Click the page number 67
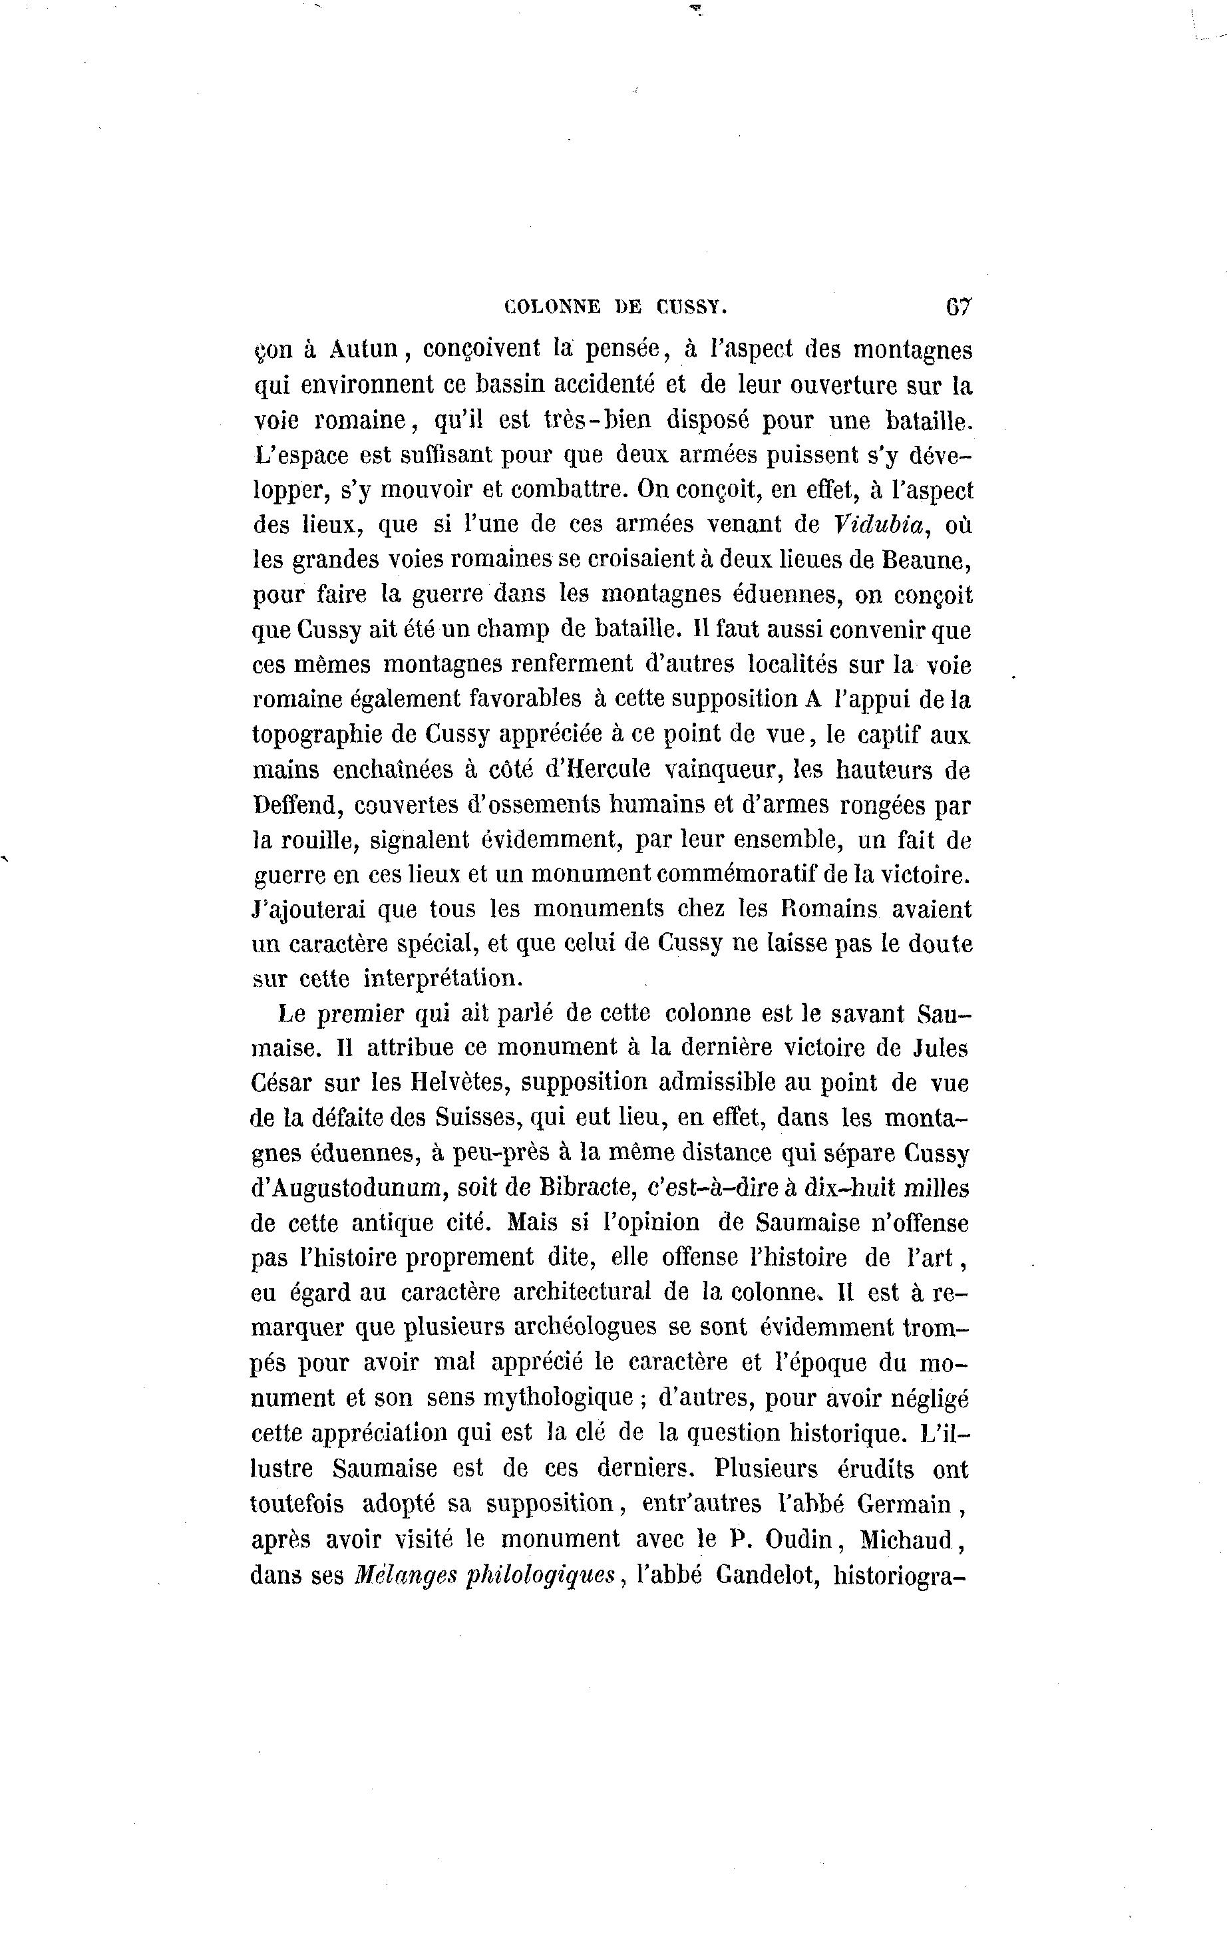pos(958,307)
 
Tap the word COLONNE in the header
pos(552,307)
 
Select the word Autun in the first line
pos(363,349)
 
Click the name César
pos(281,1083)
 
